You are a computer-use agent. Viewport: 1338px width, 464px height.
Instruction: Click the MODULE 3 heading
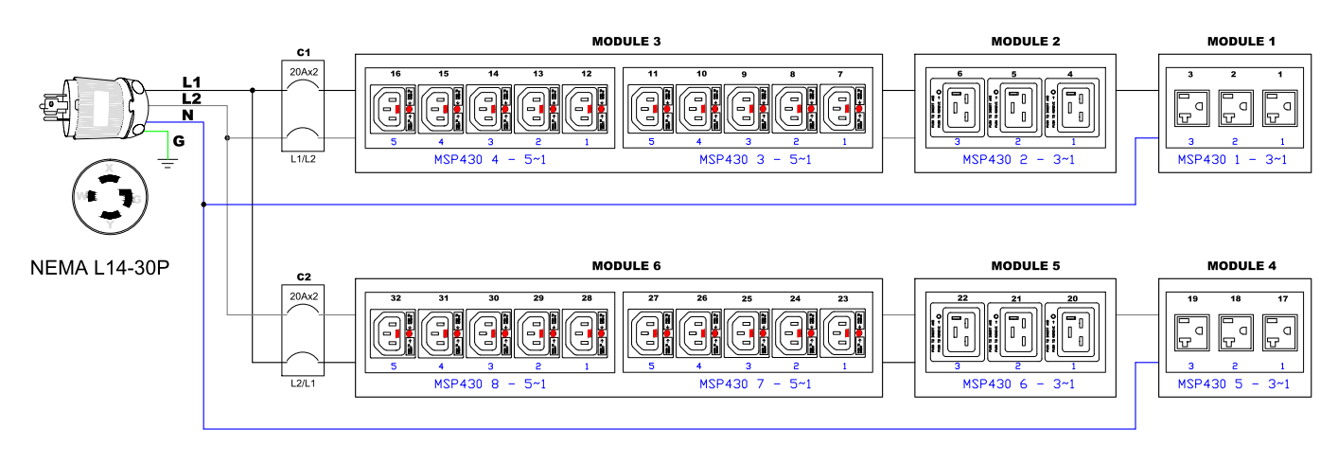coord(625,42)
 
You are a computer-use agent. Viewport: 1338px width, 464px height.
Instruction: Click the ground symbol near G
coord(169,162)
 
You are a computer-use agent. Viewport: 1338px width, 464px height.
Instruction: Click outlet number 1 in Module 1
coord(1281,110)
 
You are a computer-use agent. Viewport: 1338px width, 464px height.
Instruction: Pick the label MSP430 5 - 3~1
coord(1233,384)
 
